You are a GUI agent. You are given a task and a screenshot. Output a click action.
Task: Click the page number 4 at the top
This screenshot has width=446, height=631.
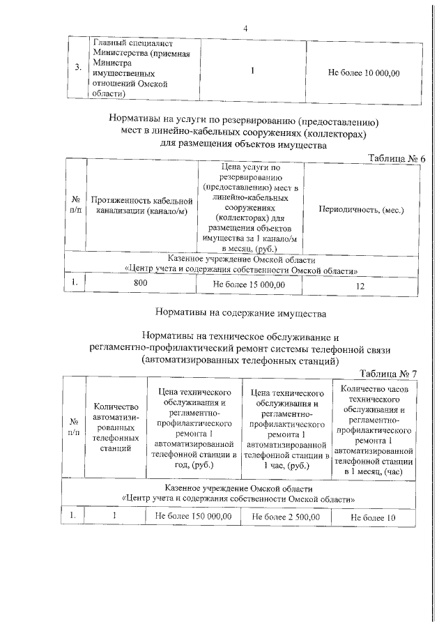point(245,28)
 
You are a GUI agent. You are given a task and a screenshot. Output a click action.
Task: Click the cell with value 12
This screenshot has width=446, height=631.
point(360,286)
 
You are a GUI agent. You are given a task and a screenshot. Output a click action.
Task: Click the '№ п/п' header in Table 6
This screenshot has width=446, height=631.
point(75,204)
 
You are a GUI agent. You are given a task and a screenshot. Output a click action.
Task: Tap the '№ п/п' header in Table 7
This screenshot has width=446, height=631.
point(72,427)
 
